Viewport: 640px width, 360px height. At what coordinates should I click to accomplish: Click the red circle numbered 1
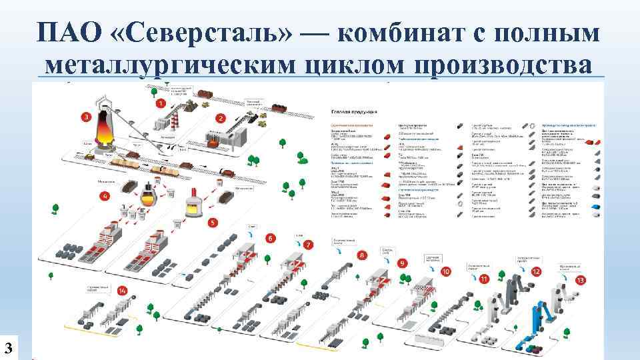pyautogui.click(x=161, y=103)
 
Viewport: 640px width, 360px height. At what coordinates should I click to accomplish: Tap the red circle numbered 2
pyautogui.click(x=220, y=119)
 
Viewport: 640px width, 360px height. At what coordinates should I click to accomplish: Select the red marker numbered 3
pyautogui.click(x=86, y=117)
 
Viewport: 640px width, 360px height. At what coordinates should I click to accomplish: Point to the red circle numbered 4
pyautogui.click(x=104, y=196)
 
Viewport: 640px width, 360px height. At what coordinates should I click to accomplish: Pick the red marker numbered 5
pyautogui.click(x=213, y=223)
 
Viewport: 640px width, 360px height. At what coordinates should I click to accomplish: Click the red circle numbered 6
pyautogui.click(x=271, y=238)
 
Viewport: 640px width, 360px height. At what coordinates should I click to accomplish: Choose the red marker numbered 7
pyautogui.click(x=308, y=245)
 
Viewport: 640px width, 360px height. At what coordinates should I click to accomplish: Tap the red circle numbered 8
pyautogui.click(x=362, y=255)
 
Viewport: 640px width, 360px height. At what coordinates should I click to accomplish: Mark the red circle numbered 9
pyautogui.click(x=403, y=263)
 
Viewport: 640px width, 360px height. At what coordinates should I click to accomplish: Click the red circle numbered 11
pyautogui.click(x=485, y=279)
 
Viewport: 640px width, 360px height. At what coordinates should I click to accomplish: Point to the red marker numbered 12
pyautogui.click(x=537, y=271)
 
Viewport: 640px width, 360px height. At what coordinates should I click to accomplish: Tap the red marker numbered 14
pyautogui.click(x=122, y=291)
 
